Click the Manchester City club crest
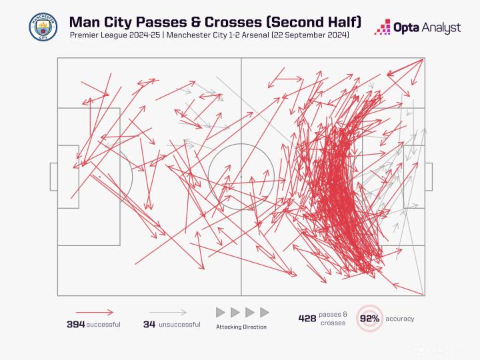43,26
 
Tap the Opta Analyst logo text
427,27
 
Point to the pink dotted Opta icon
383,27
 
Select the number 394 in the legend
75,325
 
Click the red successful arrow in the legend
94,311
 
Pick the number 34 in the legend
149,325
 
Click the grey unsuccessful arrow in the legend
167,311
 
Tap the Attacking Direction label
241,327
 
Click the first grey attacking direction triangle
220,312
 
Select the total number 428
307,319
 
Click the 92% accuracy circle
369,319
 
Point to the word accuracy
400,319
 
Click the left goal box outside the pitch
53,176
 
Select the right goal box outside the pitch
428,176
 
